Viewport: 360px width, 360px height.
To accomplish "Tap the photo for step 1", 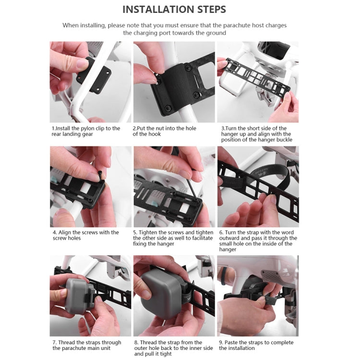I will coord(90,82).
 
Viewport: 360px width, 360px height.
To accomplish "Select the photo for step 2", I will coord(174,82).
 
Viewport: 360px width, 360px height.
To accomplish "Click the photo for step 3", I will coord(257,82).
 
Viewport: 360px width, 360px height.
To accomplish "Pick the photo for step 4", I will coord(90,186).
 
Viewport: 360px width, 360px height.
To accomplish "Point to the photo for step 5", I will coord(174,186).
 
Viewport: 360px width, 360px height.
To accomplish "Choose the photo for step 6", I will coord(257,186).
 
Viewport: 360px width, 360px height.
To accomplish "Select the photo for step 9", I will coord(257,296).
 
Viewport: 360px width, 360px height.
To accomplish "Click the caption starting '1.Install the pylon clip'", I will coord(85,131).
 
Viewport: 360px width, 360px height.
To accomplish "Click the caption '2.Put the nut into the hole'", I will coord(164,131).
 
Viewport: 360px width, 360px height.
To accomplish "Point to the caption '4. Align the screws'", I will coord(85,235).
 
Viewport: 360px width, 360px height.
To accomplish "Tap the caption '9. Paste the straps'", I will coord(256,345).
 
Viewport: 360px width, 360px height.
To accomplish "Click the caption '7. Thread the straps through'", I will coord(85,345).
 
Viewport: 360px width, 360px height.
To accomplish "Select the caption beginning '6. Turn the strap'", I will coord(258,241).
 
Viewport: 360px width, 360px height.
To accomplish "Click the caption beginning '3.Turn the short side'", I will coord(256,134).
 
